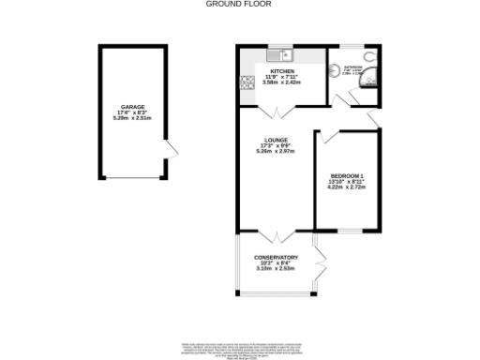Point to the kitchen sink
[x=278, y=55]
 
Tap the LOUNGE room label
[x=275, y=141]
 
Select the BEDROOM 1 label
[x=347, y=176]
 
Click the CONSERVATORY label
[x=277, y=257]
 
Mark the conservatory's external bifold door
[x=319, y=267]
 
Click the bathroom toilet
[x=337, y=67]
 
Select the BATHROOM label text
[x=352, y=67]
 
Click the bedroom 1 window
[x=349, y=230]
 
